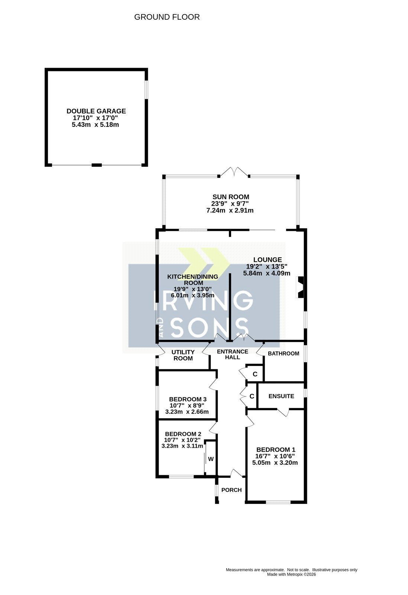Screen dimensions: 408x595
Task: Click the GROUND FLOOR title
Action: tap(167, 17)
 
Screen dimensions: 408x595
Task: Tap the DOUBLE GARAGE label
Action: tap(96, 111)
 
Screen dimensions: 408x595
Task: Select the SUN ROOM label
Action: tap(231, 197)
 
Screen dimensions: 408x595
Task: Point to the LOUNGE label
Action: tap(268, 260)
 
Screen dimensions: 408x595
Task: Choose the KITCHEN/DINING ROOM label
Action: tap(192, 280)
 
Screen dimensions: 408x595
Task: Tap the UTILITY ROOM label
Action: tap(183, 355)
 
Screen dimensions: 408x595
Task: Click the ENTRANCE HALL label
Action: tap(233, 354)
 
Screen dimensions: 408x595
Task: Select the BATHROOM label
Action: tap(284, 354)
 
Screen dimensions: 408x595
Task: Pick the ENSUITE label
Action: tap(281, 396)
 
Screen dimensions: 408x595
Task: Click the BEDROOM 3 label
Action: tap(188, 399)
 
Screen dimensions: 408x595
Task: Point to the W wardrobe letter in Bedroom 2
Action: tap(211, 459)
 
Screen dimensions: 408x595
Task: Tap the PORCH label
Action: tap(231, 490)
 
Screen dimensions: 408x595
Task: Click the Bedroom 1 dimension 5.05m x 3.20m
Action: tap(275, 463)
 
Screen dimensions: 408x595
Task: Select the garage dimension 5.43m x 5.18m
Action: tap(95, 125)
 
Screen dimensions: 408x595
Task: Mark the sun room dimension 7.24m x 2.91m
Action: tap(230, 210)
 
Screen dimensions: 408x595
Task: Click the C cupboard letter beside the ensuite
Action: tap(252, 396)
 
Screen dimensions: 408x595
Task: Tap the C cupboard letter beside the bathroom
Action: tap(255, 374)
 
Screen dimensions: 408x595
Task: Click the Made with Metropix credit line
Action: tap(291, 575)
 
